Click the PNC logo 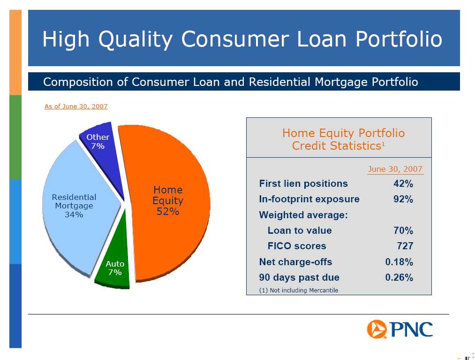[x=400, y=329]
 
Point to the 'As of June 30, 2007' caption [x=76, y=106]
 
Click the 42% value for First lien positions [x=403, y=184]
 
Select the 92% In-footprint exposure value [x=403, y=199]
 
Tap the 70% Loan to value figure [x=403, y=230]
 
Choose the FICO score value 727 [x=405, y=246]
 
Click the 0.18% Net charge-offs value [x=399, y=262]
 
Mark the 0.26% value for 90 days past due [x=399, y=277]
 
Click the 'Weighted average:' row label [x=303, y=215]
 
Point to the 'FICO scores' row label [x=297, y=246]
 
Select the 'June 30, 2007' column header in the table [x=395, y=169]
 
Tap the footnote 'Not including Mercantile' [x=304, y=290]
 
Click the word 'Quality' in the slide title [x=136, y=39]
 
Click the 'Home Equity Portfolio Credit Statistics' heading [x=343, y=139]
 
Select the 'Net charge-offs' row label [x=296, y=262]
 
